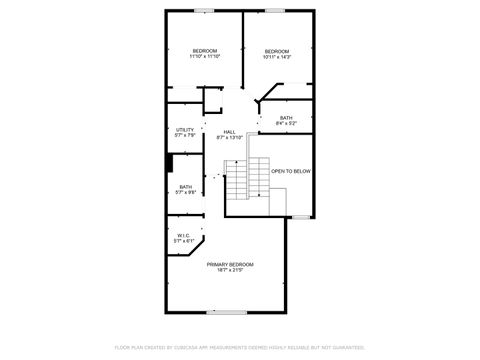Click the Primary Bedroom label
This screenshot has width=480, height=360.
click(230, 264)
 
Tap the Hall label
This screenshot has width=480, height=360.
click(229, 132)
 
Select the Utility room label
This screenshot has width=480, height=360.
click(185, 129)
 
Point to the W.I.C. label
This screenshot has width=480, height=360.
click(183, 236)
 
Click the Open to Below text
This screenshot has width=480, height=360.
click(291, 171)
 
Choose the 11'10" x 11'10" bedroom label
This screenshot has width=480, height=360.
click(205, 50)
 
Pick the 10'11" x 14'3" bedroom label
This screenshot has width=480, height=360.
click(276, 50)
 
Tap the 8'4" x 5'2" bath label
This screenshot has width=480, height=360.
click(286, 118)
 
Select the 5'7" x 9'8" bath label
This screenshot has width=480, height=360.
click(186, 186)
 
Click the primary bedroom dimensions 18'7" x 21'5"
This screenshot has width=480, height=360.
click(230, 270)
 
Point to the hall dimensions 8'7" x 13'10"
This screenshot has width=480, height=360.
click(230, 138)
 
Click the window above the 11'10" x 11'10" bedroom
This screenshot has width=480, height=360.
click(204, 10)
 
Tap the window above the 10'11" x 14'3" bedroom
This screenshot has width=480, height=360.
click(273, 10)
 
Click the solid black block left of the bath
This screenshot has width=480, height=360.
click(170, 163)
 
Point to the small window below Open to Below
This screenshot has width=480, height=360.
click(301, 217)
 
